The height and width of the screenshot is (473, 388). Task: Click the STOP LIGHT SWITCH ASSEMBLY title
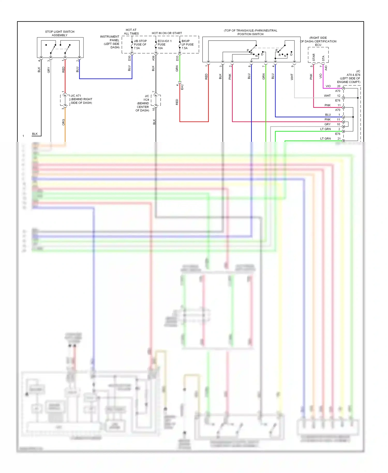tap(59, 33)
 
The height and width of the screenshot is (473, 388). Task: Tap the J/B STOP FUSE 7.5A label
tap(140, 45)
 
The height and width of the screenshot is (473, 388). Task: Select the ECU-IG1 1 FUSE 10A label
tap(164, 45)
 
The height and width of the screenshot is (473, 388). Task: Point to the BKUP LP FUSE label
tap(188, 45)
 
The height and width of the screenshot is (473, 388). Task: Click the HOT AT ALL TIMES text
tap(131, 32)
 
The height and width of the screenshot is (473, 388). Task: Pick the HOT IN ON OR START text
tap(167, 33)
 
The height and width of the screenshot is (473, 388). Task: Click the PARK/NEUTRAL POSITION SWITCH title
tap(250, 32)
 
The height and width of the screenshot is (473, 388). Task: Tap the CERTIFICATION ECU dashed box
tap(318, 55)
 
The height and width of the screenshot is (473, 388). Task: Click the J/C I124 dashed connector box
tap(156, 100)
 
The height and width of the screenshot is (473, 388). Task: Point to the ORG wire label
tap(63, 122)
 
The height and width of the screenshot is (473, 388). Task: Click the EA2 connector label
tap(182, 87)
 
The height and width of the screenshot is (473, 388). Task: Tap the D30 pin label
tap(129, 58)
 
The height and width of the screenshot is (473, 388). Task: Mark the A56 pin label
tap(153, 58)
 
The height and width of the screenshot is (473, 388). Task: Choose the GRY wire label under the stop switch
tap(48, 70)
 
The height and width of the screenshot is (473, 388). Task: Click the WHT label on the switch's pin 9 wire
tap(292, 77)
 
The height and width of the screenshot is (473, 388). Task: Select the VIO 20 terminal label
tap(333, 86)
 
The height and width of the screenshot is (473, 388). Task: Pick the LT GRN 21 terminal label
tap(330, 139)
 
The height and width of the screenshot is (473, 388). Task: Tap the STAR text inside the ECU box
tap(314, 57)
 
